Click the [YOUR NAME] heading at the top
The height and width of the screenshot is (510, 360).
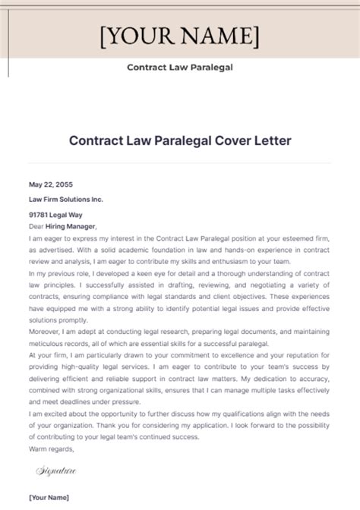179,36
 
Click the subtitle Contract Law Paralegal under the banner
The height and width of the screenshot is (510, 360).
179,66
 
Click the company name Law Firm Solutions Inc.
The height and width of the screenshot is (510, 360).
66,199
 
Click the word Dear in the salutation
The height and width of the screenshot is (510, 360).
36,226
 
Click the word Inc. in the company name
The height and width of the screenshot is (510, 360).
97,199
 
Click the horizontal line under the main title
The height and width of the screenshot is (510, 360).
180,162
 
